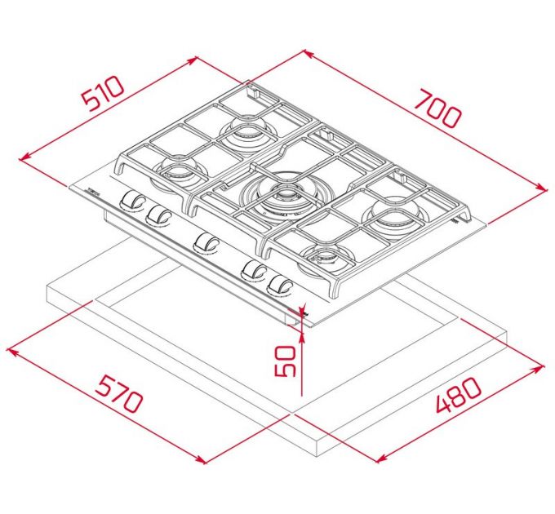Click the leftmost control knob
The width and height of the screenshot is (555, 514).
130,200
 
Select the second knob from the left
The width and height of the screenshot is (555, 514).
158,215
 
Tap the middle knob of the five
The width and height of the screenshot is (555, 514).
206,242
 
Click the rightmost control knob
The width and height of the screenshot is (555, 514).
280,286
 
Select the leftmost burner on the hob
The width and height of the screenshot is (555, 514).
176,170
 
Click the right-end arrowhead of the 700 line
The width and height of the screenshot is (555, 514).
544,188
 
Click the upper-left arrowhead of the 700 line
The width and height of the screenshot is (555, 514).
307,53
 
